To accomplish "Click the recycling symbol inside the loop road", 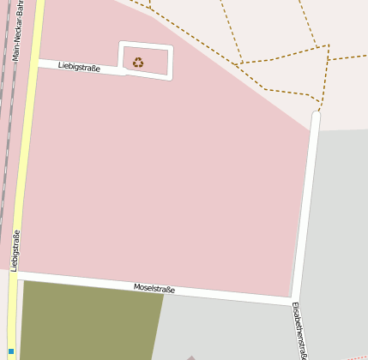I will point(138,62).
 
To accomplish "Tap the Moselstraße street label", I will point(154,290).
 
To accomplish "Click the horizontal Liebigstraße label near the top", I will point(78,66).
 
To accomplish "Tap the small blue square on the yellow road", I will point(11,351).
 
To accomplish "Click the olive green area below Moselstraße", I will point(86,321).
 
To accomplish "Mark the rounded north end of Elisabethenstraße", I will point(316,115).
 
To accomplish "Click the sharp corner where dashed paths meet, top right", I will point(328,46).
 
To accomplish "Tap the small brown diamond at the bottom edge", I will point(190,357).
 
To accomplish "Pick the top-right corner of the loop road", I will point(172,47).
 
